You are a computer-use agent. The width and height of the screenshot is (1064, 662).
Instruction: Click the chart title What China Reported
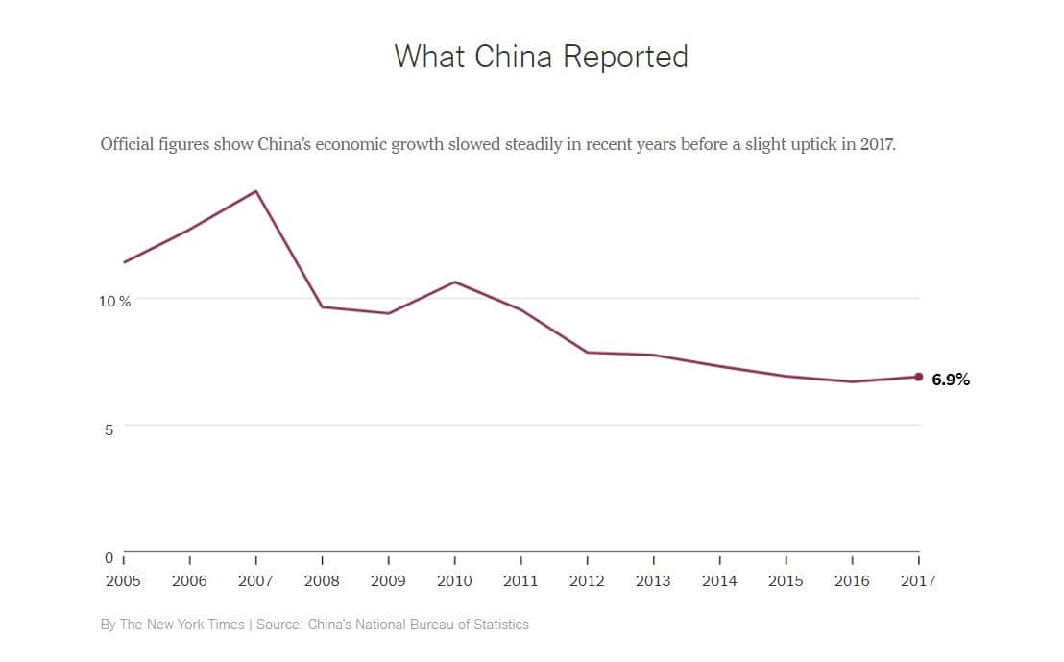[541, 56]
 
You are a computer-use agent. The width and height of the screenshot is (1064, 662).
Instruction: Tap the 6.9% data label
[951, 380]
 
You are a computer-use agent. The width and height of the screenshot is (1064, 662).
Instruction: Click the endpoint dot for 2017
[919, 377]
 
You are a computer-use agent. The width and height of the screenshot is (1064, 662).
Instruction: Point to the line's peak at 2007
[256, 191]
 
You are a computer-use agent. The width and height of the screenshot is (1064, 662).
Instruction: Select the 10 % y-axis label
[114, 301]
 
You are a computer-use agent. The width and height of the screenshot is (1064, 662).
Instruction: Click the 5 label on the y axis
[109, 429]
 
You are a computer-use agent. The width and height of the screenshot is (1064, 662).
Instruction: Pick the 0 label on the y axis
[109, 557]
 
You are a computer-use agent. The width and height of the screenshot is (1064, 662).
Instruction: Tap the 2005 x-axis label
[123, 580]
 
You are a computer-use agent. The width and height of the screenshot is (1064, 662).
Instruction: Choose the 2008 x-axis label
[322, 580]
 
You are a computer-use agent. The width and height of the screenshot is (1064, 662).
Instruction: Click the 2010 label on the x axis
[454, 580]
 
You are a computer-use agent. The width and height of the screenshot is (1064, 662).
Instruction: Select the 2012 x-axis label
[587, 580]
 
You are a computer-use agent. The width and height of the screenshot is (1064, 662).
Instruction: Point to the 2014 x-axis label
[719, 580]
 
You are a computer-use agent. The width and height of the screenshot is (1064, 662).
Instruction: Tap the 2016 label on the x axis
[852, 580]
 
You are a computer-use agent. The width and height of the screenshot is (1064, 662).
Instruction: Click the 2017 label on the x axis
[918, 580]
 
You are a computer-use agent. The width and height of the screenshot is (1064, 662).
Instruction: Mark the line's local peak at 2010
[454, 282]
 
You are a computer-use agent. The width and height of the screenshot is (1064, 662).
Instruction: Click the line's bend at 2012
[587, 353]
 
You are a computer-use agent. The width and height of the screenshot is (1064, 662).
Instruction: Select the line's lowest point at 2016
[853, 381]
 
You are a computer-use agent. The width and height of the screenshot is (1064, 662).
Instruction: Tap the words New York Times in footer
[199, 625]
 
